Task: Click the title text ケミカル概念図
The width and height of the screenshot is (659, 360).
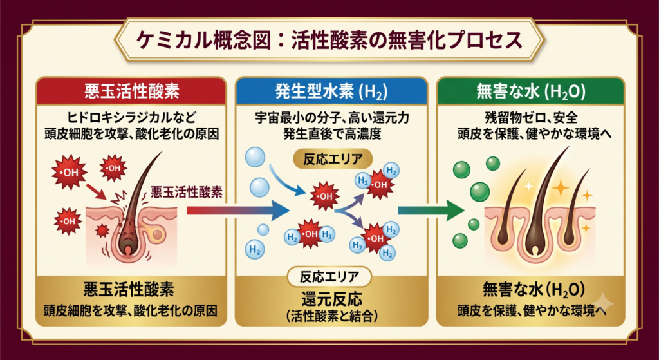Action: [203, 41]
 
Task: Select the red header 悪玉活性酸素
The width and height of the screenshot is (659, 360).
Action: [132, 91]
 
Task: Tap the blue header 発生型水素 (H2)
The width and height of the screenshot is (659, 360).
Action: [331, 91]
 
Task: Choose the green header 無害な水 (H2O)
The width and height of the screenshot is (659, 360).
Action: [530, 91]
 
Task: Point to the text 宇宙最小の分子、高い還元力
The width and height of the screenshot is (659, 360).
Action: [332, 118]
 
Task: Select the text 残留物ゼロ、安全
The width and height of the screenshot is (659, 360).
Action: [530, 118]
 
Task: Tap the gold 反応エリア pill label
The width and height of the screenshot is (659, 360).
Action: [333, 159]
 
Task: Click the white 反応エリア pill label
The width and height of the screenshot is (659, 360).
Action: [329, 277]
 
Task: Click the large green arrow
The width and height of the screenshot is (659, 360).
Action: [431, 210]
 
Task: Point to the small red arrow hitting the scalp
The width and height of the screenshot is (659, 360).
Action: [97, 191]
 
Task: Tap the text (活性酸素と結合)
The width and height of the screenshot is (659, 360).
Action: [331, 316]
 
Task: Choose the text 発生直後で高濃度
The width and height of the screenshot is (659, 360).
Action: [332, 135]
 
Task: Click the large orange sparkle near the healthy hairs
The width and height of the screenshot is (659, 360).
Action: [561, 189]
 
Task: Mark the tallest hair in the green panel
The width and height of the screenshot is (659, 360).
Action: [544, 198]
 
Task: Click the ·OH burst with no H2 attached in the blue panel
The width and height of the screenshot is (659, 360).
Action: [324, 196]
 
